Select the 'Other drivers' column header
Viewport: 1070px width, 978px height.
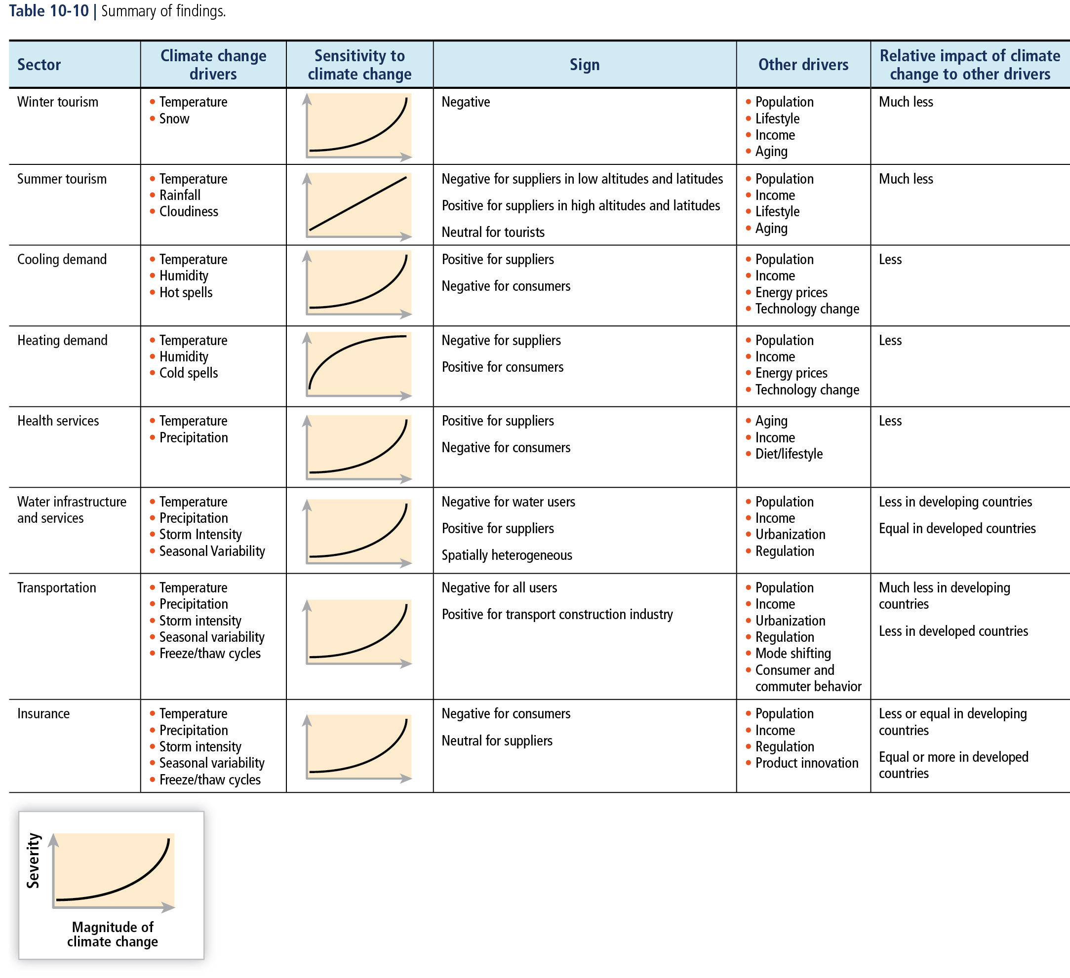click(803, 65)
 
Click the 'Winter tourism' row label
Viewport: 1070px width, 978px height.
click(58, 102)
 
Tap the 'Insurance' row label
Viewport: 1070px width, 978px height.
click(43, 713)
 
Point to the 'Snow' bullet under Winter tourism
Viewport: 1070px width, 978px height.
click(174, 118)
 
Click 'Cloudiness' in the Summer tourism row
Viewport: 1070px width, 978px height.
click(189, 211)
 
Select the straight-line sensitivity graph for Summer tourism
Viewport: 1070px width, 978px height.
click(358, 205)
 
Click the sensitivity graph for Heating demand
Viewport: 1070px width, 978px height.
click(358, 366)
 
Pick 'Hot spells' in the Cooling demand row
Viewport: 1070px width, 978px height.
click(186, 292)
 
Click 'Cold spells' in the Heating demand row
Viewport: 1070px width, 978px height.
click(189, 373)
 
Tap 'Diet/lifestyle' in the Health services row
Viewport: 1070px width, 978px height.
click(789, 454)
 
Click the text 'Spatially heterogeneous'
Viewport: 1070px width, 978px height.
click(507, 555)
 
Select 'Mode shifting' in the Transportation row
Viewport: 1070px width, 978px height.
click(793, 653)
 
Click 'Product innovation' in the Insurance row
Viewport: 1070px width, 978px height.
click(807, 763)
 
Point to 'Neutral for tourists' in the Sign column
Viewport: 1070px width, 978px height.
click(493, 232)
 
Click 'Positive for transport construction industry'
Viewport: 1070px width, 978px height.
click(557, 614)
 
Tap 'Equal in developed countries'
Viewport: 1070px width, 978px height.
click(957, 528)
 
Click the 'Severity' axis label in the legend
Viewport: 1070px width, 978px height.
click(33, 860)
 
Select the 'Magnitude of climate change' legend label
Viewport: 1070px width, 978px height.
click(113, 934)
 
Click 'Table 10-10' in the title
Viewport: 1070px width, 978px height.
click(49, 11)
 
